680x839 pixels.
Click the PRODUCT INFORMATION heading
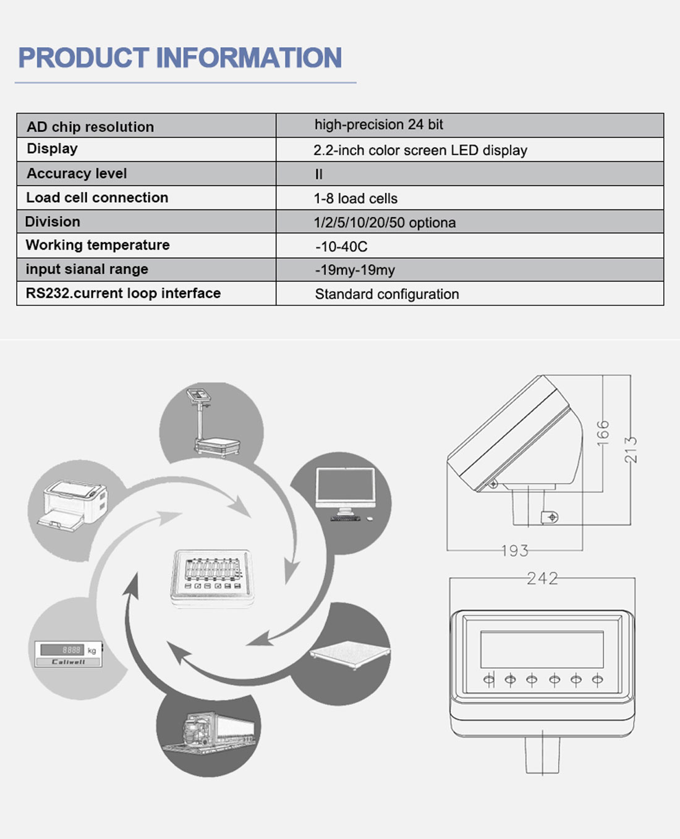(x=180, y=57)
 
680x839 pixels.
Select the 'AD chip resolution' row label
(x=90, y=127)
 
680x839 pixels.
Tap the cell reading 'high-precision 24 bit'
(x=378, y=124)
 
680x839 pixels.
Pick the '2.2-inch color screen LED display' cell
(x=420, y=150)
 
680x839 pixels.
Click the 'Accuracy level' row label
(x=77, y=174)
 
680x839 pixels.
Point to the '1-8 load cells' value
(x=355, y=198)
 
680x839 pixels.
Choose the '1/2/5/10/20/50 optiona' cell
(x=385, y=222)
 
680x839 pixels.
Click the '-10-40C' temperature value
(x=341, y=247)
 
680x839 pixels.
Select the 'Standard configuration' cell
(x=387, y=294)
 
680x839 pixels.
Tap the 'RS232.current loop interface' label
(x=123, y=293)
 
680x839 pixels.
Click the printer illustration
(x=73, y=505)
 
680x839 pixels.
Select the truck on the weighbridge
(x=209, y=733)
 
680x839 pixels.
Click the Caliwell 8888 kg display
(x=69, y=654)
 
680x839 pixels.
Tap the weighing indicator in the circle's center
(x=212, y=579)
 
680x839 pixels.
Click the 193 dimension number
(x=515, y=550)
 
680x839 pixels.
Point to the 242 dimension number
(x=543, y=578)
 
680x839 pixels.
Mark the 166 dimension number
(x=603, y=433)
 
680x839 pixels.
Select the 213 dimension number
(x=631, y=450)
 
